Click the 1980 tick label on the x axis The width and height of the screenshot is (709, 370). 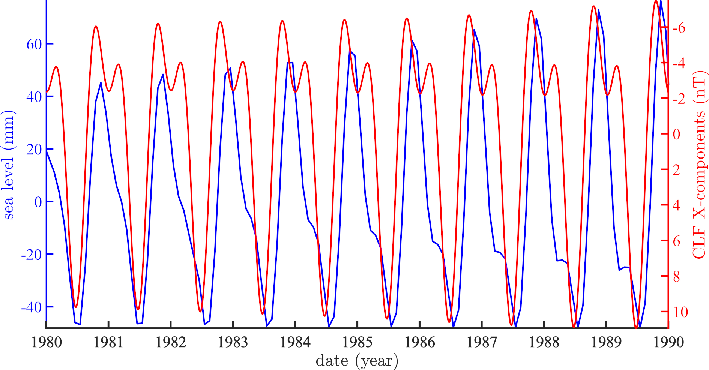point(47,342)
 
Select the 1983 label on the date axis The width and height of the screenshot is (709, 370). point(233,342)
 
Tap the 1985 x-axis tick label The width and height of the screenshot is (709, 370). point(358,342)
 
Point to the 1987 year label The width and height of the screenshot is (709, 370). point(482,342)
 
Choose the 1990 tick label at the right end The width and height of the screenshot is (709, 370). point(668,342)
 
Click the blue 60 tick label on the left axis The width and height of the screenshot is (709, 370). point(34,45)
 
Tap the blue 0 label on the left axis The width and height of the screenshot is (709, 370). point(38,202)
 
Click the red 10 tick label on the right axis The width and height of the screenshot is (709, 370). point(680,312)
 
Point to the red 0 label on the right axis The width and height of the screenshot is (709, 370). point(676,135)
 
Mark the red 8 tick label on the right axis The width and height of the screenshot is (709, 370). point(676,277)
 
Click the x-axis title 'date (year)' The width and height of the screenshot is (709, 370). point(357,361)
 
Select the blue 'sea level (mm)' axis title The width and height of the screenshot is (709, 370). point(9,165)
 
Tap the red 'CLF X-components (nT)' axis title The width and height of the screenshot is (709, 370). point(699,165)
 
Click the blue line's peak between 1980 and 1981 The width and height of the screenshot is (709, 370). point(101,82)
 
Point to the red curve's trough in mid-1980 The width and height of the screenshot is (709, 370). point(76,307)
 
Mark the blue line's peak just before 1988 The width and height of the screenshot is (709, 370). point(536,19)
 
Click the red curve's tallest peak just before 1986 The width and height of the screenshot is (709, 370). point(407,18)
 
